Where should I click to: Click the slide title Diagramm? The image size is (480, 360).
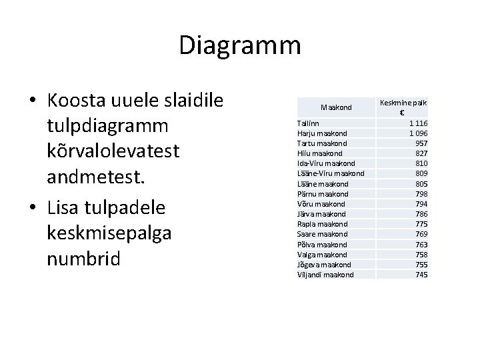tap(240, 45)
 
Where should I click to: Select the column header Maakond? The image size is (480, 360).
tap(335, 107)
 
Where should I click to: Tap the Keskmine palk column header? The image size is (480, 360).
tap(403, 107)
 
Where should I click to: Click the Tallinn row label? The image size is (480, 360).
tap(308, 123)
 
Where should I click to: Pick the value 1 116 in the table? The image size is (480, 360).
tap(418, 123)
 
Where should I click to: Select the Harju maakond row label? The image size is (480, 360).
tap(322, 133)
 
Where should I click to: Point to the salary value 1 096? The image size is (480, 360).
tap(418, 133)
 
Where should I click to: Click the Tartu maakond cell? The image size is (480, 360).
tap(322, 143)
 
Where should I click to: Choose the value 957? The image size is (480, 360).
tap(421, 143)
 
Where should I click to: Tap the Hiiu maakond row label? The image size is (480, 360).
tap(320, 153)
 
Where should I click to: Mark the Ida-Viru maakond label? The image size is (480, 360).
tap(326, 163)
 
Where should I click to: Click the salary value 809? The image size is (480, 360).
tap(421, 173)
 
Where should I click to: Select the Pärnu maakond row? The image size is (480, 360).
tap(323, 194)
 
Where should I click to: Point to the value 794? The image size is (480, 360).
tap(421, 204)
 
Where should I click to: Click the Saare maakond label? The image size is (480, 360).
tap(322, 234)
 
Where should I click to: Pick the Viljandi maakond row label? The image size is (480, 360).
tap(325, 275)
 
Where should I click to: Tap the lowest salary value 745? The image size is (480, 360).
tap(421, 275)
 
